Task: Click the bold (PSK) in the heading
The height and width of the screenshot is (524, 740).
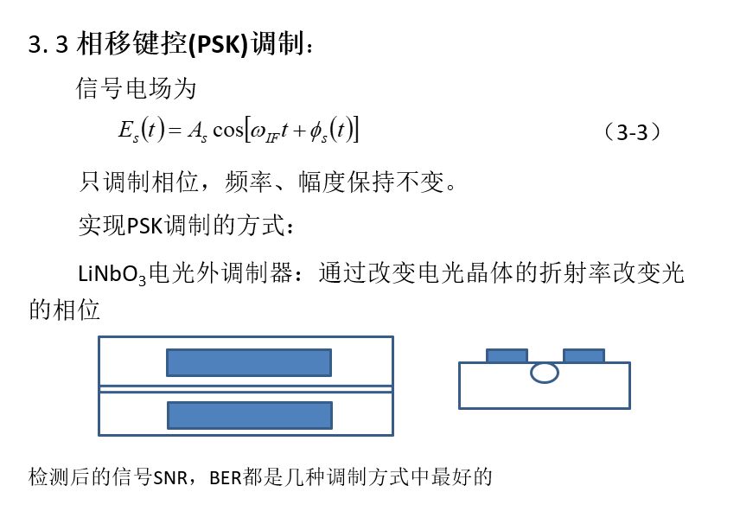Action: pos(218,44)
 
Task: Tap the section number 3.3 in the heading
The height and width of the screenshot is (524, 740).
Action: pos(48,44)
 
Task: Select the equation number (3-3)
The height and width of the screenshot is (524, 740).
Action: pos(632,132)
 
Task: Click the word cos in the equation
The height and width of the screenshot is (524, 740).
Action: pos(228,130)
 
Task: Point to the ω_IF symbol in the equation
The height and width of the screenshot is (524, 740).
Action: pos(264,132)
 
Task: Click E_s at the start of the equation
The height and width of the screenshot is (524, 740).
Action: pos(128,131)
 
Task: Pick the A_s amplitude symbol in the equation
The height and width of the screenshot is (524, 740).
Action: pos(197,131)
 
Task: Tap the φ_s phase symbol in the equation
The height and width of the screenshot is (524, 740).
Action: pos(318,132)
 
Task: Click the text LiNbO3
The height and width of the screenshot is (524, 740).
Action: pos(112,275)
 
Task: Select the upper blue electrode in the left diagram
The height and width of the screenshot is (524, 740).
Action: pos(249,362)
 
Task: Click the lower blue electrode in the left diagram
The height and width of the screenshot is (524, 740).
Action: pos(250,415)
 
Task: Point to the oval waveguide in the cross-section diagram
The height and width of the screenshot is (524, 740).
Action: pos(544,373)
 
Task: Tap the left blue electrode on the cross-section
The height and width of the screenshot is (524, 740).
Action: pos(507,355)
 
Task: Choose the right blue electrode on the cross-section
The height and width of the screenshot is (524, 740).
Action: pos(584,355)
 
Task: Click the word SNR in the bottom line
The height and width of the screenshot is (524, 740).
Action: pos(170,477)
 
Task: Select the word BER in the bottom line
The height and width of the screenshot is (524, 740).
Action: pos(226,477)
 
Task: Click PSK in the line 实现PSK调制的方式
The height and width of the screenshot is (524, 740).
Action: pos(145,226)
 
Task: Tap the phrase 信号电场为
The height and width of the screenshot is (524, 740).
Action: pos(136,89)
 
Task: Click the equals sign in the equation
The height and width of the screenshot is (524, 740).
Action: pos(175,131)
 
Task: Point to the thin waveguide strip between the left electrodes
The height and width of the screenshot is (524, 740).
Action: pos(246,389)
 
